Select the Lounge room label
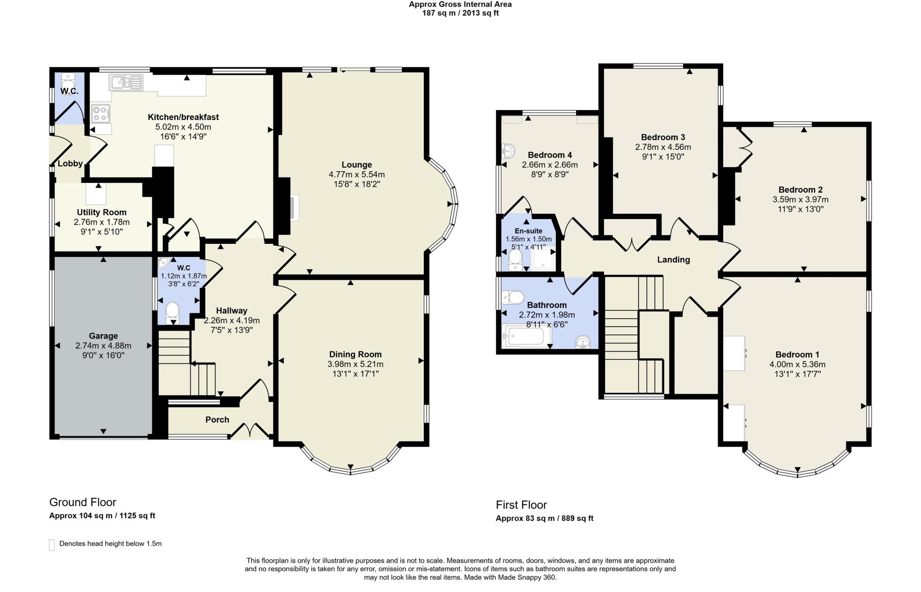(357, 165)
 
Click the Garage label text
(103, 336)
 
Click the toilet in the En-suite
(515, 260)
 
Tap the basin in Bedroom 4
(508, 151)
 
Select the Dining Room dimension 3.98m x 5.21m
(355, 364)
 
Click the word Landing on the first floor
(673, 260)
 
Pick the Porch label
(217, 420)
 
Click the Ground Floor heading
(83, 502)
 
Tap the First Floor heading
(521, 505)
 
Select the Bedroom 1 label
(797, 354)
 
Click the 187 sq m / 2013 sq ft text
(460, 13)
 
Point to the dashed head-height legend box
(52, 544)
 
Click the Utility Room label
(102, 212)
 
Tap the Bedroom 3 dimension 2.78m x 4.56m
(663, 147)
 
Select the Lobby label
(70, 163)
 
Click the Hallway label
(232, 310)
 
